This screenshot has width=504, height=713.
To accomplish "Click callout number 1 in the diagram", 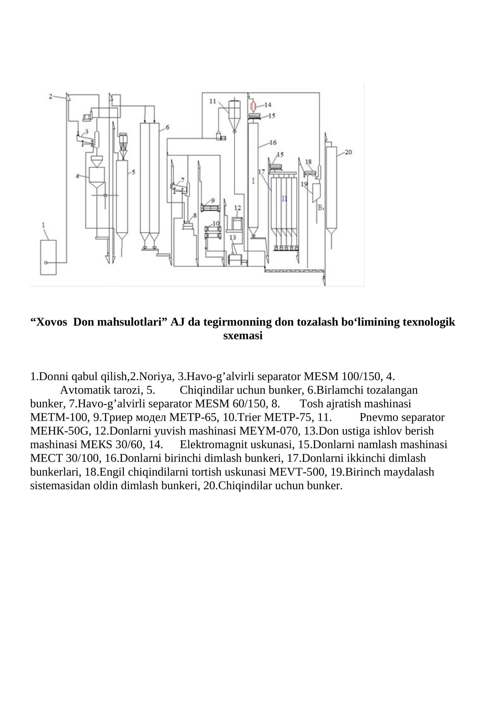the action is pos(43,225).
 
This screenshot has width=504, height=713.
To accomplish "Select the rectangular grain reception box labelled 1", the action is pos(49,257).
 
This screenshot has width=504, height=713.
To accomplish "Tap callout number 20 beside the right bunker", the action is pos(348,152).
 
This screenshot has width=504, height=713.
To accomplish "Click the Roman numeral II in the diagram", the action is pos(284,199).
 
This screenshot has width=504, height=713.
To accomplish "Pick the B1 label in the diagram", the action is pos(321,208).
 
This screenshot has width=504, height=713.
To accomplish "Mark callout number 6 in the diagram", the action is pos(167,127).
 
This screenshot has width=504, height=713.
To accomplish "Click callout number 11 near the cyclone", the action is pos(213,101).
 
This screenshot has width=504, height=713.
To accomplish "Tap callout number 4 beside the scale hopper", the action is pos(77,176).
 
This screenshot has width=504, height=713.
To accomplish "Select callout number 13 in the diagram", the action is pos(233,237).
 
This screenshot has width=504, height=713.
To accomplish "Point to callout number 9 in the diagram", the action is pos(213,200).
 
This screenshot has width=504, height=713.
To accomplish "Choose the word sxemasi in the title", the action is pos(243,335).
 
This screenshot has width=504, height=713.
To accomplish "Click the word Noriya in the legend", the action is pos(155,376).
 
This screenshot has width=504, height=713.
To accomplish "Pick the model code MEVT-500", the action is pos(298,472).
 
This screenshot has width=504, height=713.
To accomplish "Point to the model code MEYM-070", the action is pos(268,431).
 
